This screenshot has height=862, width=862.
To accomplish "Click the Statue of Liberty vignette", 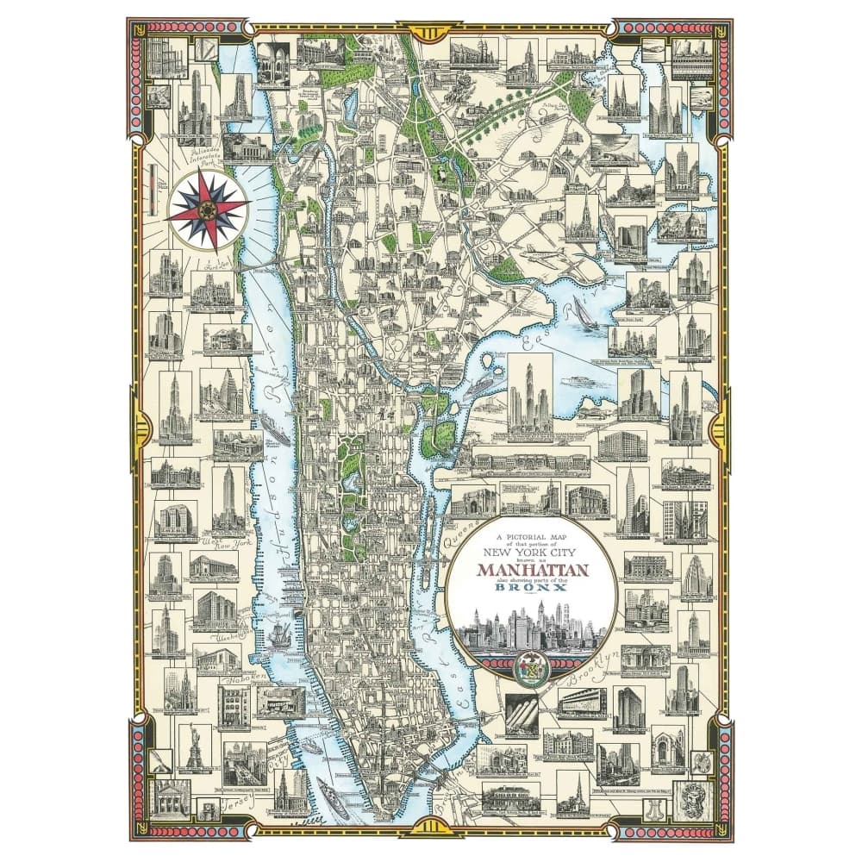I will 191,751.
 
